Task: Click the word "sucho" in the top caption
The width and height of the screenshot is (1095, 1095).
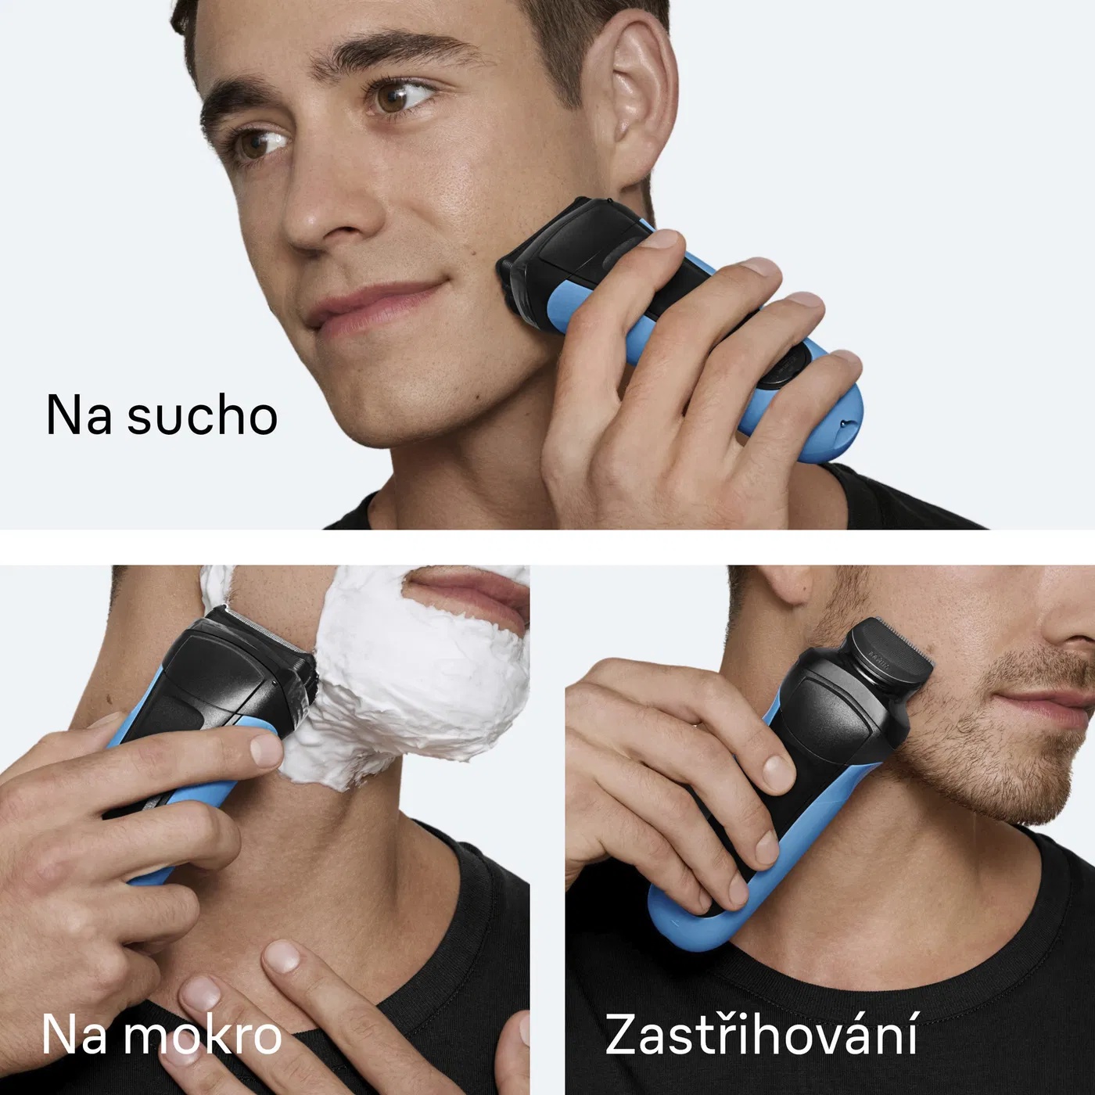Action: coord(203,415)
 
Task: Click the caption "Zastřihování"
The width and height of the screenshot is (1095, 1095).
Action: coord(761,1034)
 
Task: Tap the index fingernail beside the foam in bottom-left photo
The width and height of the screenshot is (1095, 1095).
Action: coord(265,749)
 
